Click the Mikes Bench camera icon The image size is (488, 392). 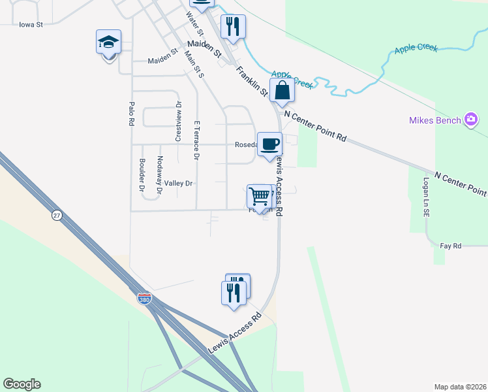471,120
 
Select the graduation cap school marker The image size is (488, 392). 108,43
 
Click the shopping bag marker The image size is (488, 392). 282,91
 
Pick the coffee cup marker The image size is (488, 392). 269,144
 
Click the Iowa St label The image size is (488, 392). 31,25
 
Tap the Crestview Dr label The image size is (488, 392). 177,121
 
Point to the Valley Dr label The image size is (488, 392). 178,184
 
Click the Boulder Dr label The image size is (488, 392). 141,174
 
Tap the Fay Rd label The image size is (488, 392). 451,246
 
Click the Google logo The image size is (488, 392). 22,384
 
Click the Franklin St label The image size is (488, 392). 252,81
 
